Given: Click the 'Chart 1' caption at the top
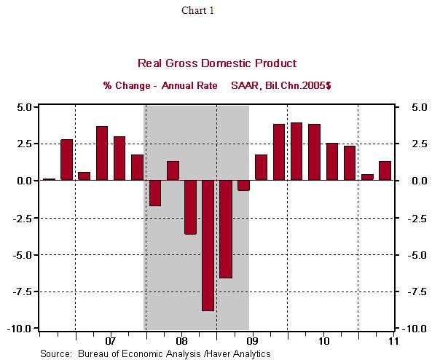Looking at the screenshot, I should coord(198,10).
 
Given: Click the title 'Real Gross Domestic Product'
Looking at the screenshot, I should coord(217,64).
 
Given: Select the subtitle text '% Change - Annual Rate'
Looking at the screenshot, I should coord(160,86).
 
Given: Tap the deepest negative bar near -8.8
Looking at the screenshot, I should coord(208,246).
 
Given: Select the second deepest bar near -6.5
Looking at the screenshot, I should coord(225,229).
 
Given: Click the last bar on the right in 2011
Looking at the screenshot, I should coord(385,171).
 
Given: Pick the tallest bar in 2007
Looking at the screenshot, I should coord(102,153).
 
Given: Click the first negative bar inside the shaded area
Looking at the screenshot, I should coord(154,193).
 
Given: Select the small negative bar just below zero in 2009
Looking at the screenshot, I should coord(243,185).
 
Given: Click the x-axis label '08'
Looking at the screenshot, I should coord(181,341).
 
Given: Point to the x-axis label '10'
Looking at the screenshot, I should coord(323,341).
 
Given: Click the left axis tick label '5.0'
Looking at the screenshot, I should coord(23,107).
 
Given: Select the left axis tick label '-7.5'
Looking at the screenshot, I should coord(21,291).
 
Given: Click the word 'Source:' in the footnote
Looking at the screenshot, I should coord(55,353).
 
